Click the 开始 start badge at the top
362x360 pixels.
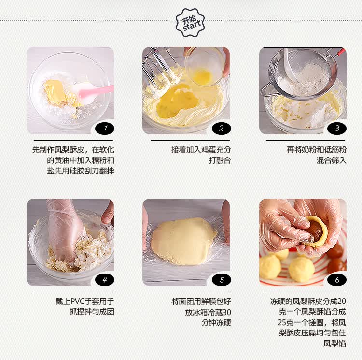coord(190,23)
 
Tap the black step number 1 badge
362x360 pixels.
coord(105,129)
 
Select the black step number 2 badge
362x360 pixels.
coord(222,129)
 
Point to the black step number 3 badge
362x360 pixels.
coord(337,129)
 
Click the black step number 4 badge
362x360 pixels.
coord(105,280)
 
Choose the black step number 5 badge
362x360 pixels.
coord(222,280)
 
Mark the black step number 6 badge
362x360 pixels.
coord(337,280)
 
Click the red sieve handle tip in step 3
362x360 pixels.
coord(342,52)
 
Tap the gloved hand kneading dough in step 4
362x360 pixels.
coord(65,231)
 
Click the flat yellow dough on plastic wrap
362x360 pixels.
coord(183,241)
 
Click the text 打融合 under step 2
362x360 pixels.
coord(220,160)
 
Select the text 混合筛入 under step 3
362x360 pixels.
coord(331,160)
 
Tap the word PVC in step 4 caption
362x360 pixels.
coord(77,302)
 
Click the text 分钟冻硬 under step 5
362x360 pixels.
coord(216,323)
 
